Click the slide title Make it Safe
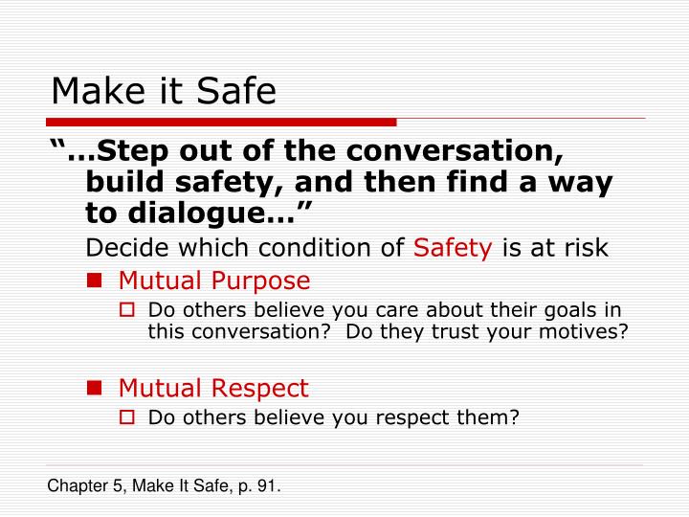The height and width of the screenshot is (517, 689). [164, 91]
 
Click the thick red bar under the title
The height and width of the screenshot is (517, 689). [221, 123]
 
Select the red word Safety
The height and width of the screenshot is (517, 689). [453, 248]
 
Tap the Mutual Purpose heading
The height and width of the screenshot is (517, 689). [214, 281]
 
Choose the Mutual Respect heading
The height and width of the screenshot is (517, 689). [213, 388]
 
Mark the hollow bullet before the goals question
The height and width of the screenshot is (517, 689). [135, 310]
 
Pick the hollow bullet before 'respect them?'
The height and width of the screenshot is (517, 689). [135, 417]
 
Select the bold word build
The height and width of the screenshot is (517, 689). [119, 183]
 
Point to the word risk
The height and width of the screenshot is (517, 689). [586, 248]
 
